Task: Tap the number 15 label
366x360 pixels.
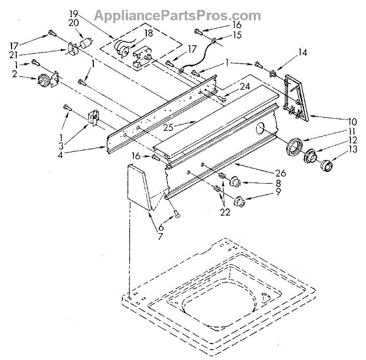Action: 237,35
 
